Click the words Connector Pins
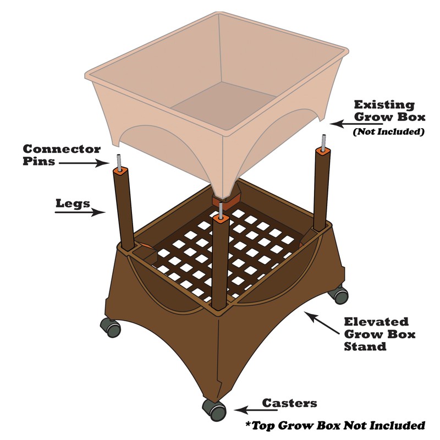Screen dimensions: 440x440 click(62, 155)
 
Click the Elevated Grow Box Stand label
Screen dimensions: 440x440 click(380, 334)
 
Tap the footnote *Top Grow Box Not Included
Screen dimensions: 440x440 click(335, 425)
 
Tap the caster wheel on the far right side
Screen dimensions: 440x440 click(339, 294)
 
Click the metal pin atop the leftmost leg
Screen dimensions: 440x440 click(118, 162)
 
